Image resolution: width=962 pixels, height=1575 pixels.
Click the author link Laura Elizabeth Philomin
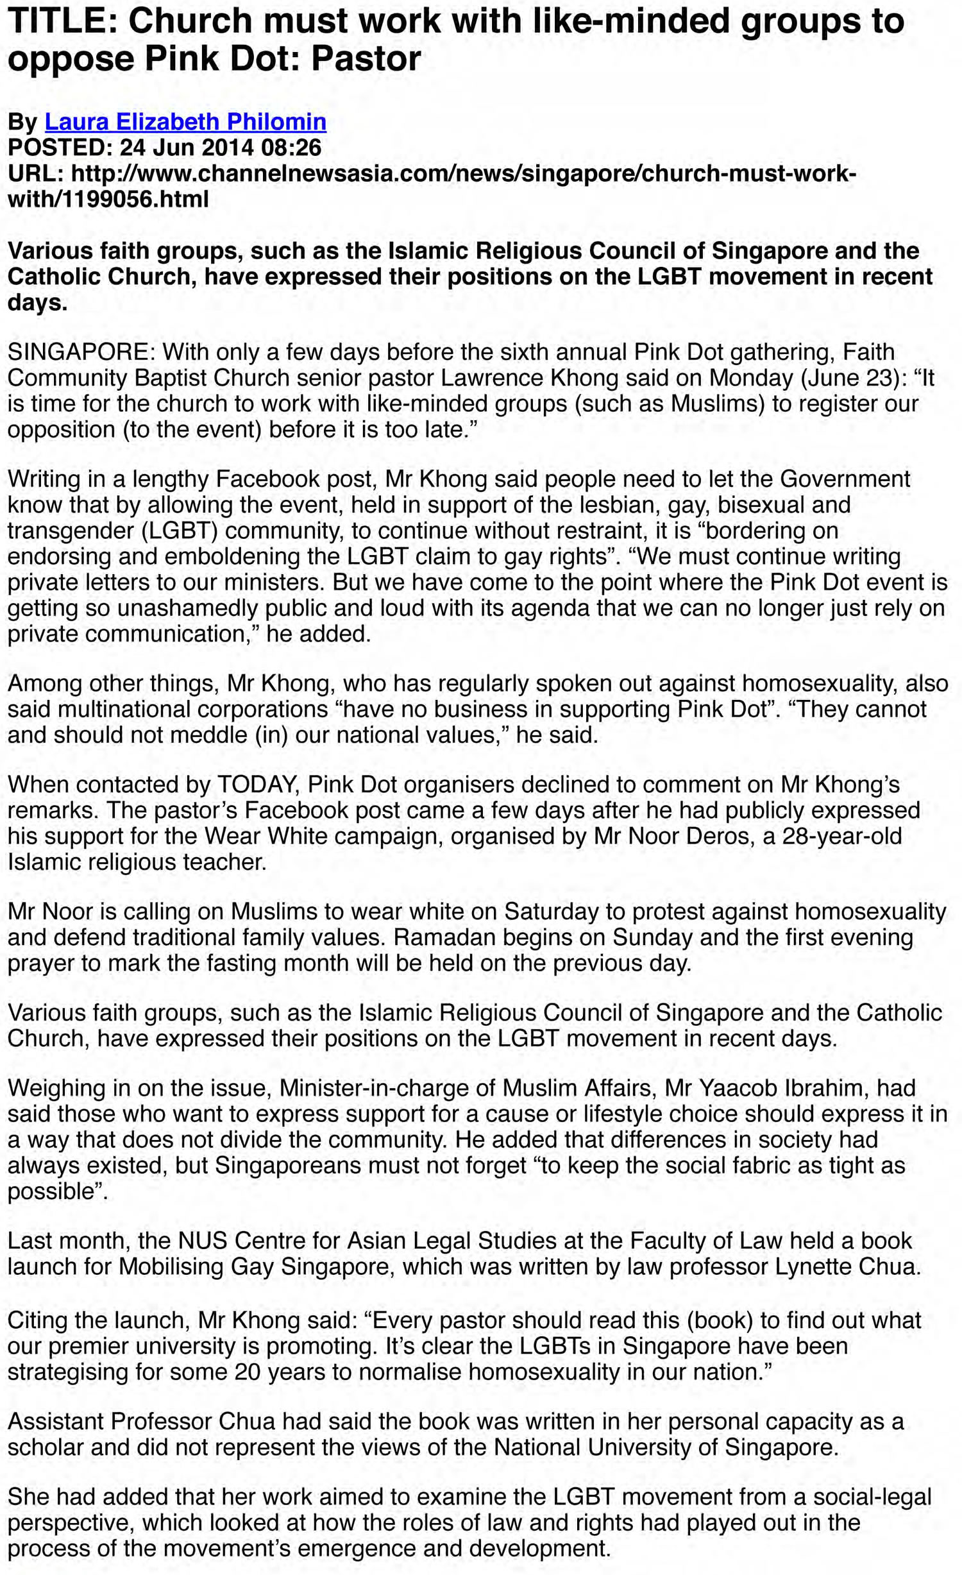(185, 122)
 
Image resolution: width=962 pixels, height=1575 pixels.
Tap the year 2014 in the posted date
(228, 148)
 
